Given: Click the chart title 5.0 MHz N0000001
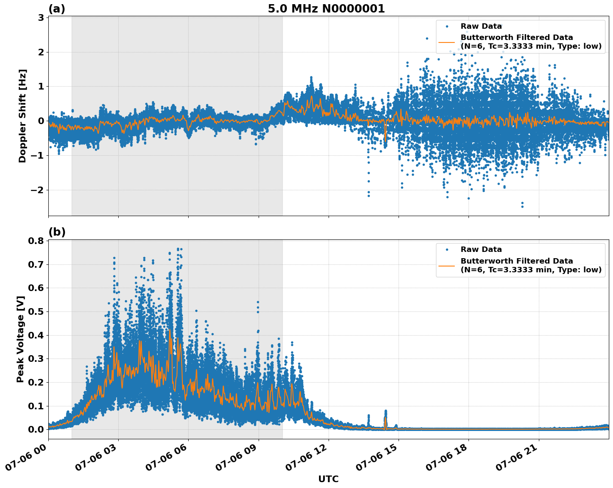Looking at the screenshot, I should click(x=326, y=9).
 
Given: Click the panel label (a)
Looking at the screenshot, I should click(x=57, y=9).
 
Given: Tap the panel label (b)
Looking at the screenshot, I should click(x=57, y=232).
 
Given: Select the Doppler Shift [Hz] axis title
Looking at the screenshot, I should click(x=22, y=116).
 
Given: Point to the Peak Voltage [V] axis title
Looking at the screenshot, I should click(x=20, y=339).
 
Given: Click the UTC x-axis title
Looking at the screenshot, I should click(x=328, y=479).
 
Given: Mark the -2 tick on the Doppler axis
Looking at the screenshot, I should click(x=36, y=190).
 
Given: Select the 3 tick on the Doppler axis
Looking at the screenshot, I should click(x=41, y=17).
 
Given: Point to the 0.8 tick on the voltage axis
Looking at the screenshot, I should click(x=36, y=241).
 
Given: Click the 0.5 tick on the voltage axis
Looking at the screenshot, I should click(x=36, y=311).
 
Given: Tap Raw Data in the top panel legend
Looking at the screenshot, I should click(x=481, y=26).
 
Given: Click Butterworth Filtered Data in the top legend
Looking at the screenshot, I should click(x=516, y=37).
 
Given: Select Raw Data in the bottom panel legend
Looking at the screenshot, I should click(x=481, y=249).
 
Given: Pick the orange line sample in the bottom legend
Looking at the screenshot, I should click(x=447, y=265).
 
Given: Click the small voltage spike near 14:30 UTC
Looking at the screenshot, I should click(x=385, y=412).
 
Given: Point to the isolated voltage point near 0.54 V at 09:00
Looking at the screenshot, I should click(x=258, y=302).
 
